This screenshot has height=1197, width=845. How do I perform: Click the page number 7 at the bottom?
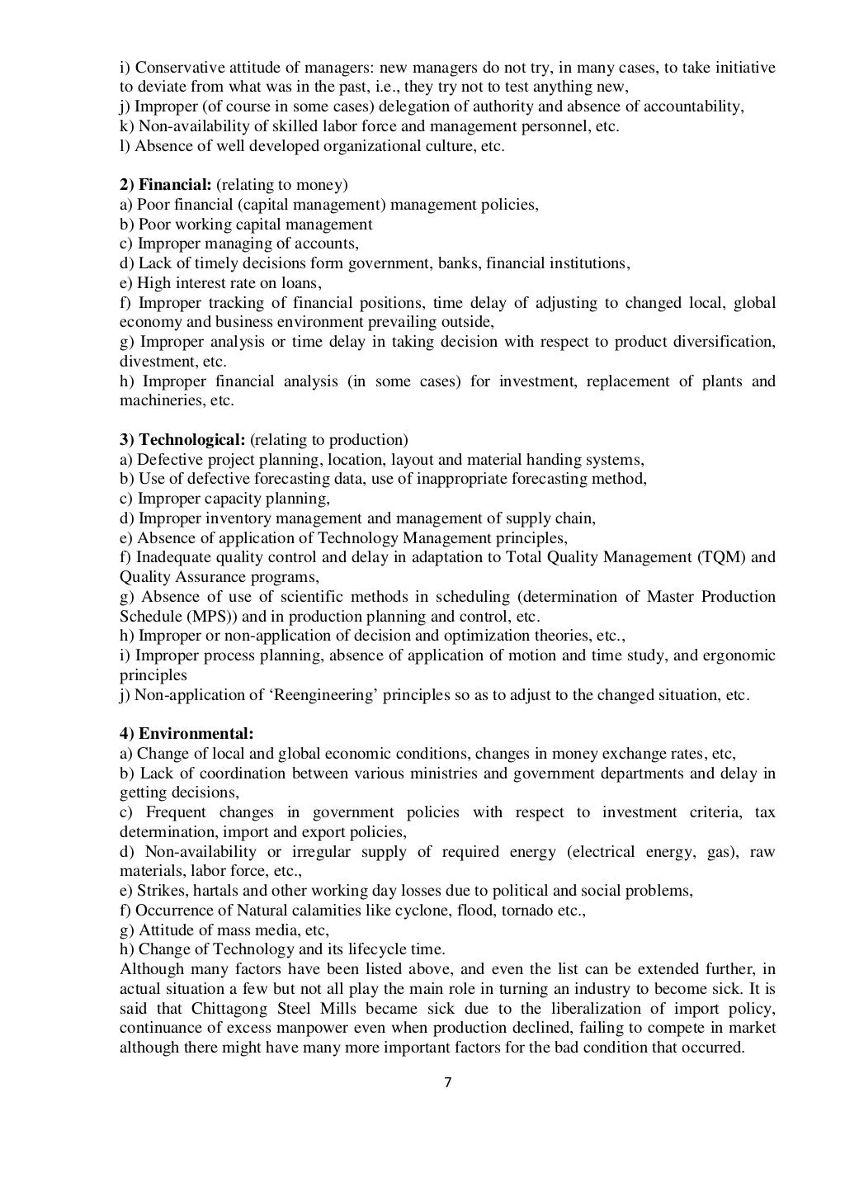point(447,1083)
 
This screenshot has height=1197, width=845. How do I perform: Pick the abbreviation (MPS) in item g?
point(201,617)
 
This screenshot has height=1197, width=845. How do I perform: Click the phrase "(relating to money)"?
point(282,185)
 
